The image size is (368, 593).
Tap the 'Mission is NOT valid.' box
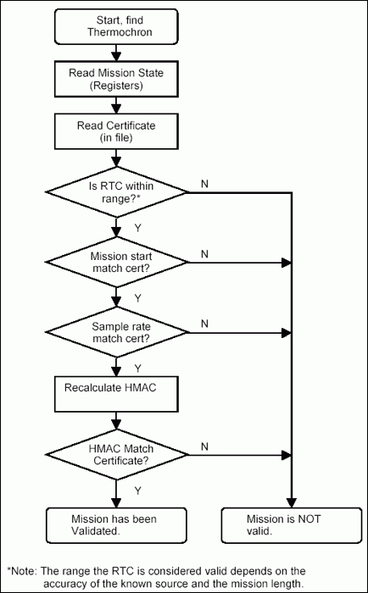[x=289, y=525]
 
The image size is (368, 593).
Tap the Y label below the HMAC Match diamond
[x=137, y=489]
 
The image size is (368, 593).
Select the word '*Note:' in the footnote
[x=25, y=571]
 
